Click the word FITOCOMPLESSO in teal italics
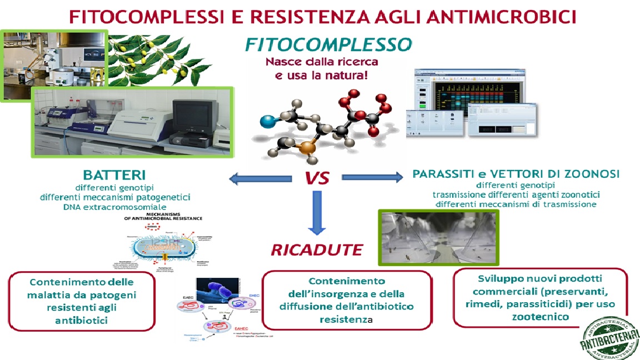point(328,44)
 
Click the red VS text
point(317,178)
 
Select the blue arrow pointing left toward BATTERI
point(261,178)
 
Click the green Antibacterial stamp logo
point(608,337)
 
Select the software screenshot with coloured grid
point(472,103)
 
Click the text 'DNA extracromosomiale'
point(114,207)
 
